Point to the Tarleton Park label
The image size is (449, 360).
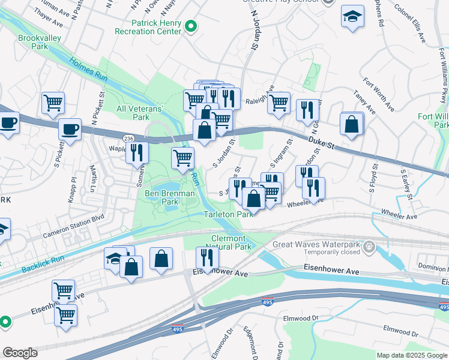pos(228,214)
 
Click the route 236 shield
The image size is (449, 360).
pos(127,139)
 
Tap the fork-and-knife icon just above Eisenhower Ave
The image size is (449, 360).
pos(207,258)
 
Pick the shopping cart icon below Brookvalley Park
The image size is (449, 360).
pos(53,103)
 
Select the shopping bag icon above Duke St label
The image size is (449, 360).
pos(351,124)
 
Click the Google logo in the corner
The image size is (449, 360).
pos(20,353)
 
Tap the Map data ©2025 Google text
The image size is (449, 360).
pos(411,355)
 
